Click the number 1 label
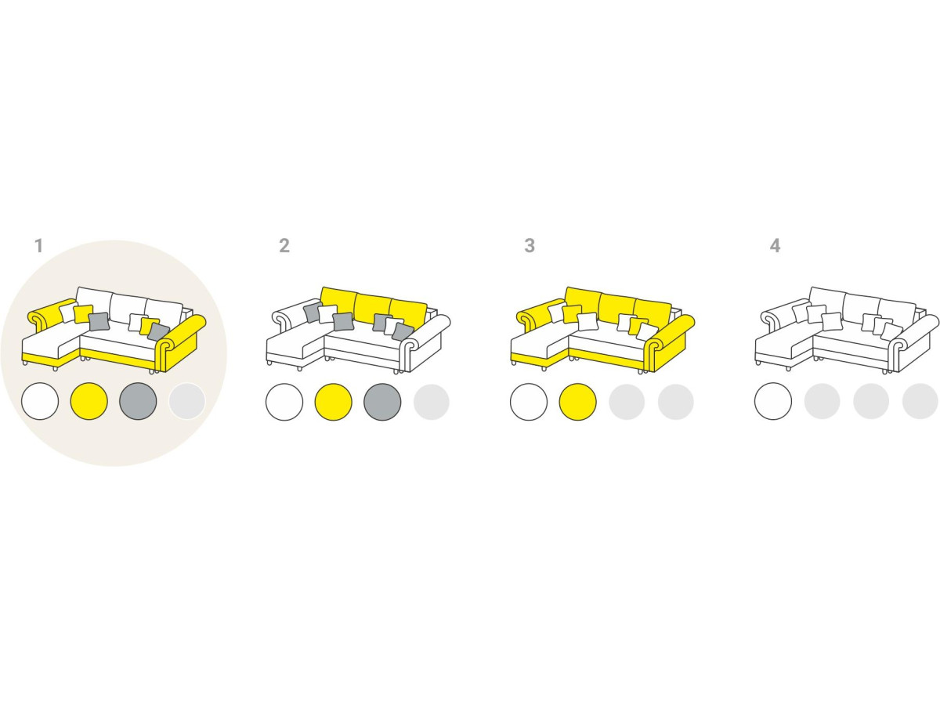pos(39,246)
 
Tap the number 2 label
pos(284,246)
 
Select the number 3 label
pos(530,246)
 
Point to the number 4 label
pos(775,246)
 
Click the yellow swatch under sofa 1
pos(89,401)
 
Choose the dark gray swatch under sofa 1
pos(138,401)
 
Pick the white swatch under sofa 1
pos(40,401)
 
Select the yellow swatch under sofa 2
pos(333,402)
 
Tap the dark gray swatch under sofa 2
pos(382,402)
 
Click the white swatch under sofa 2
pos(284,402)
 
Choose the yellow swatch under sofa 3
pos(577,402)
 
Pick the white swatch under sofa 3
pos(529,402)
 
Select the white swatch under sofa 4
pos(773,402)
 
